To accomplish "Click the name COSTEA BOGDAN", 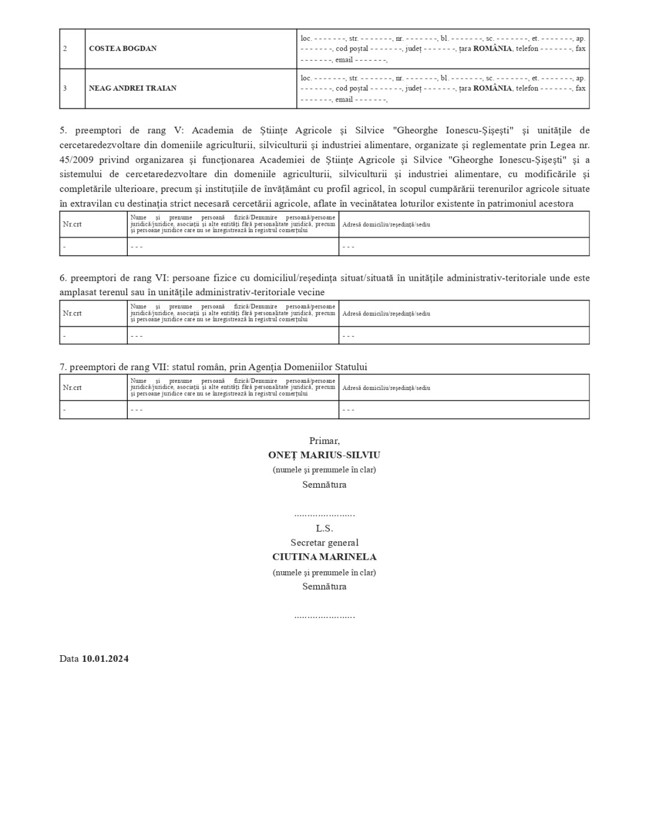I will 122,49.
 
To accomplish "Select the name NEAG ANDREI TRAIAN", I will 133,88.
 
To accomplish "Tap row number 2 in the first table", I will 65,49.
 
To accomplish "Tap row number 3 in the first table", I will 65,88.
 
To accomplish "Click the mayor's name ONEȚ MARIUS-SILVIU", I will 324,455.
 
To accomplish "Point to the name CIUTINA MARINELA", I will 324,557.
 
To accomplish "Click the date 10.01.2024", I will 105,659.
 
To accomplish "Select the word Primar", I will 324,441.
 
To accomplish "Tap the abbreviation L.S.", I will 324,529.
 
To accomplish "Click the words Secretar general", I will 324,543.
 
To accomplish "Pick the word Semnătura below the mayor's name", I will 324,485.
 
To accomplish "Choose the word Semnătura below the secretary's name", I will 324,587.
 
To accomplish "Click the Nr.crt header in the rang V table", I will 72,224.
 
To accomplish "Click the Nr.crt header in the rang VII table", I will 72,388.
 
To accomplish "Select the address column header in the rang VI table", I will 386,313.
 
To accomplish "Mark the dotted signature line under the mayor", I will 324,515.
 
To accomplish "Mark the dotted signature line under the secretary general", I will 324,616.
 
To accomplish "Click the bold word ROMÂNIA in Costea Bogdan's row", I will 492,49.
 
